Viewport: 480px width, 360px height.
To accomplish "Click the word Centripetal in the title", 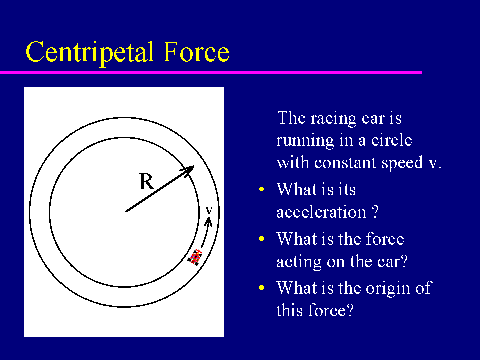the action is point(90,53).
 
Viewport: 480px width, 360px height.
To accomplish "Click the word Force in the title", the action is point(196,52).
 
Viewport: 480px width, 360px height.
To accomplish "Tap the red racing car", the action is point(195,257).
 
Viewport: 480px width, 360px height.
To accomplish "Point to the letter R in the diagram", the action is point(147,182).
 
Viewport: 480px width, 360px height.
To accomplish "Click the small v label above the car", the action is point(209,210).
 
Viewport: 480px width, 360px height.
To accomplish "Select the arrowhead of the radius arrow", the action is point(188,170).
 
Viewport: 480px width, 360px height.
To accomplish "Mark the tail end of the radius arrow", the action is point(126,211).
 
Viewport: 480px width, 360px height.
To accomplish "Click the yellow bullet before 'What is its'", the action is point(261,189).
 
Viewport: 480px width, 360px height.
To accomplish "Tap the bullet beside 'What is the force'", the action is point(261,239).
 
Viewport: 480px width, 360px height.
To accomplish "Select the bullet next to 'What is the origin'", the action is point(261,288).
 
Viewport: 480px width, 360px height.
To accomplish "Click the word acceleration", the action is point(321,212).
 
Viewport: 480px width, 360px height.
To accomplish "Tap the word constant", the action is point(346,163).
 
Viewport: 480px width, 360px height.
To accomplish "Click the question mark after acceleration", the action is point(375,211).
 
